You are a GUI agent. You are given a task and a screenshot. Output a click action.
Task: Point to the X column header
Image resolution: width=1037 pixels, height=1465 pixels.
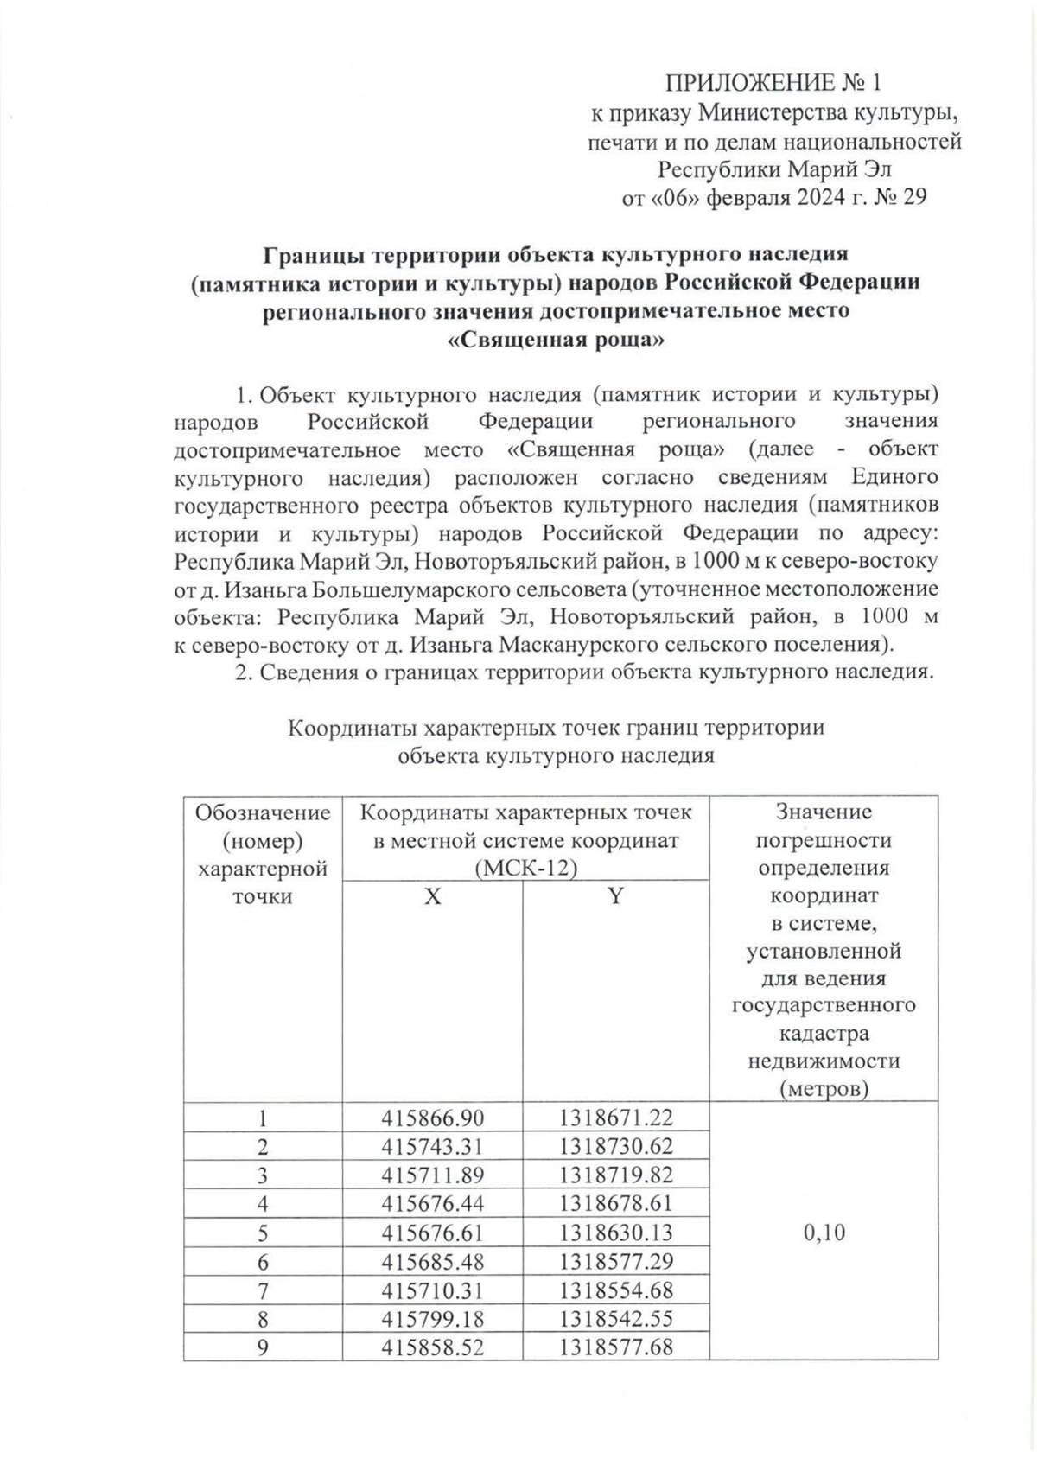[x=432, y=896]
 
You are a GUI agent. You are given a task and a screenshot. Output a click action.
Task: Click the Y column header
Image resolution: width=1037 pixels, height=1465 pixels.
[x=614, y=896]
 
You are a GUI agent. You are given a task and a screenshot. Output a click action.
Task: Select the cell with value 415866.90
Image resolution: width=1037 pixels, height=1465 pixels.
[x=433, y=1118]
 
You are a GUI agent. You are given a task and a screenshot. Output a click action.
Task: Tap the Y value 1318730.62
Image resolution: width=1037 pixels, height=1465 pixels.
[x=615, y=1146]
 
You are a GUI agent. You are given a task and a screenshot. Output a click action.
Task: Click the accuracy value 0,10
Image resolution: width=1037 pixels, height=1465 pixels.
[x=824, y=1232]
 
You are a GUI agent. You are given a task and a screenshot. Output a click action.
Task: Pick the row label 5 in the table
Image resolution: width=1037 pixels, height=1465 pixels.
[x=264, y=1232]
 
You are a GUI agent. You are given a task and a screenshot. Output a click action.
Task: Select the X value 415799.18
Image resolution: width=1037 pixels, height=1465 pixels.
[x=433, y=1318]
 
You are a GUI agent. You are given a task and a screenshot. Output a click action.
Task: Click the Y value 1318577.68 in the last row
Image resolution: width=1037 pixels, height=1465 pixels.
[x=615, y=1347]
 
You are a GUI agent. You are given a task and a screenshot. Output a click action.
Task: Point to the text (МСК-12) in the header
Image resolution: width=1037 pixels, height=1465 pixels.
[x=525, y=868]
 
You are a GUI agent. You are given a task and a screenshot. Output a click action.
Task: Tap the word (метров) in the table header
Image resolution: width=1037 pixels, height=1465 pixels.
[x=824, y=1088]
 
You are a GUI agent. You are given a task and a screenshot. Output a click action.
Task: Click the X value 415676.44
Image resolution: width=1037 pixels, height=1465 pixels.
[x=433, y=1203]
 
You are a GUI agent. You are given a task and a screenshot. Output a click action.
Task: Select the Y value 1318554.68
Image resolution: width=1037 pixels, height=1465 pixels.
[x=615, y=1290]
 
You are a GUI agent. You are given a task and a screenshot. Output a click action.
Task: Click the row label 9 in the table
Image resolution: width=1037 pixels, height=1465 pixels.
[x=264, y=1347]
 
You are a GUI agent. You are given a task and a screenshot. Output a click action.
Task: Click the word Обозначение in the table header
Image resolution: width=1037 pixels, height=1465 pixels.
[x=263, y=812]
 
